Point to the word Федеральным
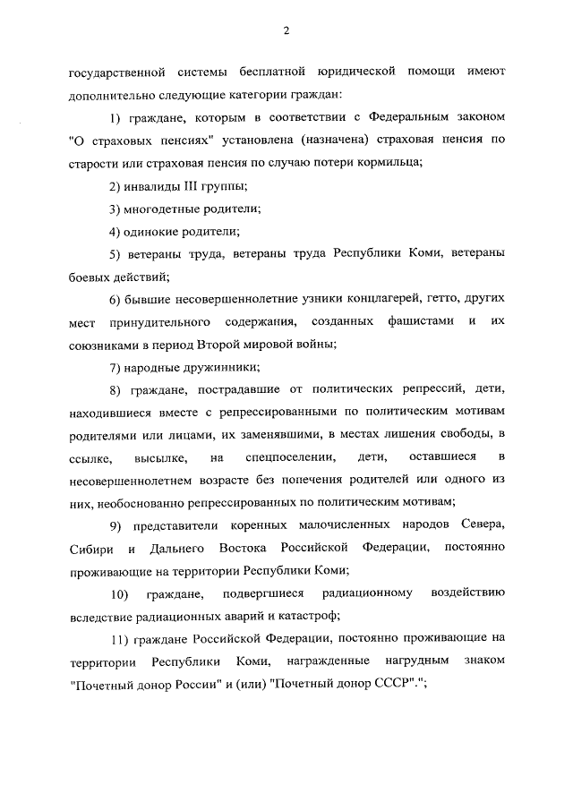402,116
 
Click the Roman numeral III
189,185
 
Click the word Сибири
93,546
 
